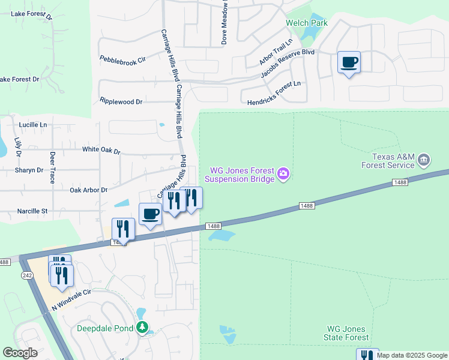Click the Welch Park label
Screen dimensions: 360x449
(306, 23)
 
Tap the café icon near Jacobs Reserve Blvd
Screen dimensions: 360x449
(349, 62)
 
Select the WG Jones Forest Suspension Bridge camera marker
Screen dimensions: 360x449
(284, 175)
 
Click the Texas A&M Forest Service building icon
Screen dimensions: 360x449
(424, 160)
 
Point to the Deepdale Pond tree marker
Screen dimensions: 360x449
(142, 328)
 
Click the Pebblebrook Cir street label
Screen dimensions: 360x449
(123, 60)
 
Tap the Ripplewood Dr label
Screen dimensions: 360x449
(121, 101)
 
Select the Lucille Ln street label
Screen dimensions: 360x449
(33, 125)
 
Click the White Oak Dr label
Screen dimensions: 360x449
(101, 150)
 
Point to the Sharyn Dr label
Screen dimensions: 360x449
(29, 170)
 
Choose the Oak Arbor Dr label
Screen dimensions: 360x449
(88, 190)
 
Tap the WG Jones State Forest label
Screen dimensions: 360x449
(348, 334)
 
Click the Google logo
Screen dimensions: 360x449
(20, 353)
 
